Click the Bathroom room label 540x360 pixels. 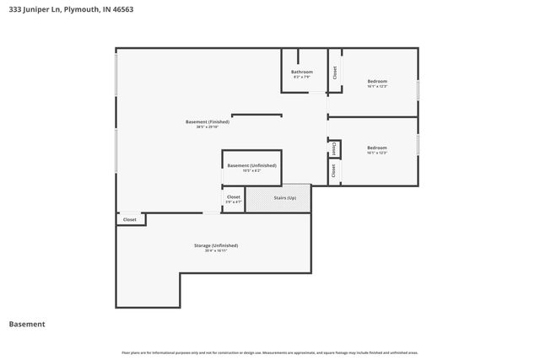tap(302, 73)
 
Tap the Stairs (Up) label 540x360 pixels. tap(284, 198)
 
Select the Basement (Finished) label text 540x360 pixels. tap(208, 121)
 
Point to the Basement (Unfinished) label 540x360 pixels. tap(251, 165)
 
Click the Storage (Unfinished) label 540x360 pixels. tap(216, 245)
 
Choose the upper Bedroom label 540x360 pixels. tap(377, 81)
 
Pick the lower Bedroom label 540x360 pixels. tap(377, 148)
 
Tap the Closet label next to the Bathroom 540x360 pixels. tap(335, 73)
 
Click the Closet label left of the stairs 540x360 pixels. tap(234, 197)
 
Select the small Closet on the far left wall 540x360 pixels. tap(130, 219)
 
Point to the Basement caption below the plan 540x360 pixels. tap(27, 324)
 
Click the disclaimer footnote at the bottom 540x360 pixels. tap(270, 352)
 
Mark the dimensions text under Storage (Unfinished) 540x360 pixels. tap(216, 250)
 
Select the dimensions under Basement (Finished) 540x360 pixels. tap(208, 126)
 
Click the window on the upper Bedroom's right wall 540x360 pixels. tap(418, 90)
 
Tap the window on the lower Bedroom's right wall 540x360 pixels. tap(418, 144)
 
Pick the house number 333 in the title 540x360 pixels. tap(14, 9)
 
